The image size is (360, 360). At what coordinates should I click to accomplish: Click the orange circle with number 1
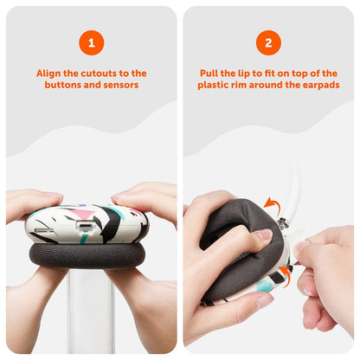pyautogui.click(x=92, y=42)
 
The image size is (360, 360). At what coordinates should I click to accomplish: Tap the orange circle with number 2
pyautogui.click(x=268, y=42)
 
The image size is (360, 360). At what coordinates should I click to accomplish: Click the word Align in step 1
pyautogui.click(x=48, y=74)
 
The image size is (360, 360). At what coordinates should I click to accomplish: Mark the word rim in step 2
pyautogui.click(x=240, y=85)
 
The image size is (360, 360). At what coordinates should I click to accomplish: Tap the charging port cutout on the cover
pyautogui.click(x=85, y=225)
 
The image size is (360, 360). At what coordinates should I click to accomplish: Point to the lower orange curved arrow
pyautogui.click(x=285, y=275)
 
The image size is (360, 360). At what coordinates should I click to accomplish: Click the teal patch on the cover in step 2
pyautogui.click(x=264, y=286)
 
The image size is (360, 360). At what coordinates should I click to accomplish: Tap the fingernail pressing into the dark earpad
pyautogui.click(x=264, y=234)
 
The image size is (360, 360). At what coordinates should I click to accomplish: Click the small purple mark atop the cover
pyautogui.click(x=82, y=206)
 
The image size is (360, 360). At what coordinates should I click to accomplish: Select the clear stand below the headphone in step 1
pyautogui.click(x=91, y=313)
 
